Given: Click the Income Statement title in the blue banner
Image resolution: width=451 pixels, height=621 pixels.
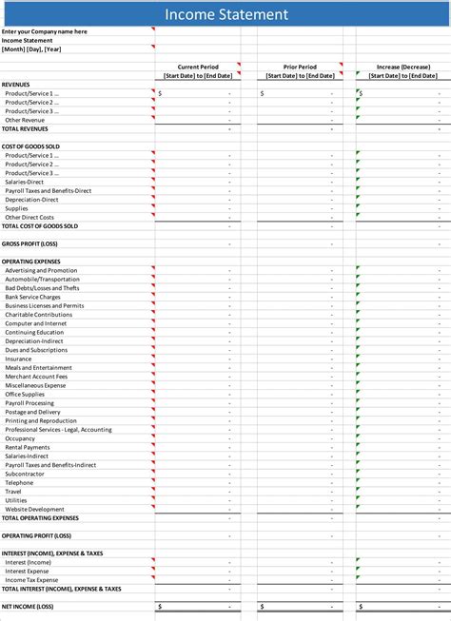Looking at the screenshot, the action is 225,14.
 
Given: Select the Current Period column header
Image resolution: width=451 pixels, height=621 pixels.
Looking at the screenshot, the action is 198,67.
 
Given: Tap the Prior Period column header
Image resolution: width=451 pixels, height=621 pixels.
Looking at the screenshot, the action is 300,67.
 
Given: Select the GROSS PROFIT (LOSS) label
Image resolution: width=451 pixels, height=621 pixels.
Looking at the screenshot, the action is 29,243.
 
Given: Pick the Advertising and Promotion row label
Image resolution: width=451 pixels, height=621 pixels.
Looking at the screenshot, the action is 41,270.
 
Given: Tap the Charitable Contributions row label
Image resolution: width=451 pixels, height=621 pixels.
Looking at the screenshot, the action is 38,315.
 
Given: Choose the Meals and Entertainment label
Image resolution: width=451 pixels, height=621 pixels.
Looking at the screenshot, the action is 38,367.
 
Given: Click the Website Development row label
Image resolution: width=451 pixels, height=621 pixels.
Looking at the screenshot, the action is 34,509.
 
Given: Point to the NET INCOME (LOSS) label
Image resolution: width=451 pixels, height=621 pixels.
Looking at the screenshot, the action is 28,606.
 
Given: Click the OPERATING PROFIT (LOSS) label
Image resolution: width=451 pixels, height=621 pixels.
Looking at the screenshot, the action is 36,535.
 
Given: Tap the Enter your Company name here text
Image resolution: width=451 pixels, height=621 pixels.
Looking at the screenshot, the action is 44,31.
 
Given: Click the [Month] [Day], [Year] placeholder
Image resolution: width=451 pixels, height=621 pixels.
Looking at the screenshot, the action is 31,49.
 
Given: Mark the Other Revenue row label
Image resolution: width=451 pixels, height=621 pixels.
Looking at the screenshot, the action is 25,120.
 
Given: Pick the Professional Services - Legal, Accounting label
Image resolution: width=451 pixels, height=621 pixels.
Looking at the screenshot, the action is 58,429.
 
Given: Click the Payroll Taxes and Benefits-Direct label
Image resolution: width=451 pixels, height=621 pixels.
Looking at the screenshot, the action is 48,190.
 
